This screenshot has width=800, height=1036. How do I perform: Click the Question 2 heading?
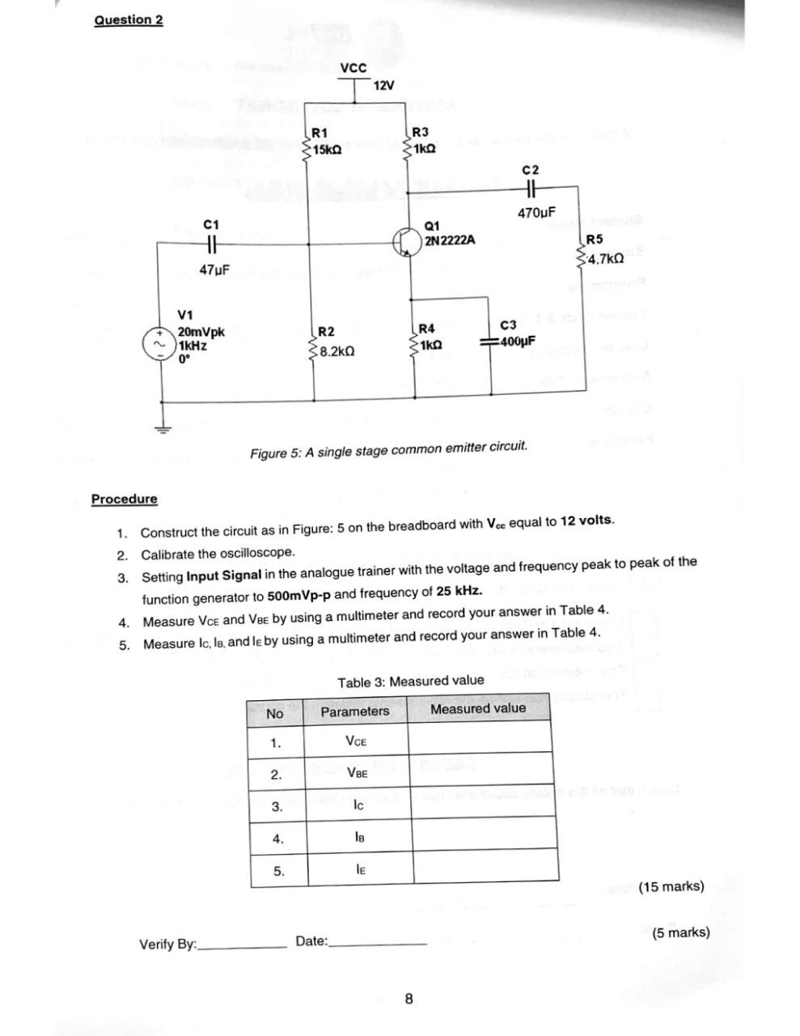129,19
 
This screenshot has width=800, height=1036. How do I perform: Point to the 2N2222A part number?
450,240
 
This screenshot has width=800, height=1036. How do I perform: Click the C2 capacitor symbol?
531,187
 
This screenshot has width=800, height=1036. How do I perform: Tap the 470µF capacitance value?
537,213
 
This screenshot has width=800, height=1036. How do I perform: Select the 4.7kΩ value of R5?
606,259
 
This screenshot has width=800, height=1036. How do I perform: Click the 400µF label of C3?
517,341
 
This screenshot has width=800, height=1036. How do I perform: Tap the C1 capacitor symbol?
211,243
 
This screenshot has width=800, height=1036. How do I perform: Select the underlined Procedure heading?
125,499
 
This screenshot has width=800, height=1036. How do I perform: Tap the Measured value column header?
477,709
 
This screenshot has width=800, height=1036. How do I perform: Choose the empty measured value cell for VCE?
480,739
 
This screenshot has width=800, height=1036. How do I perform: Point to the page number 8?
409,999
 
